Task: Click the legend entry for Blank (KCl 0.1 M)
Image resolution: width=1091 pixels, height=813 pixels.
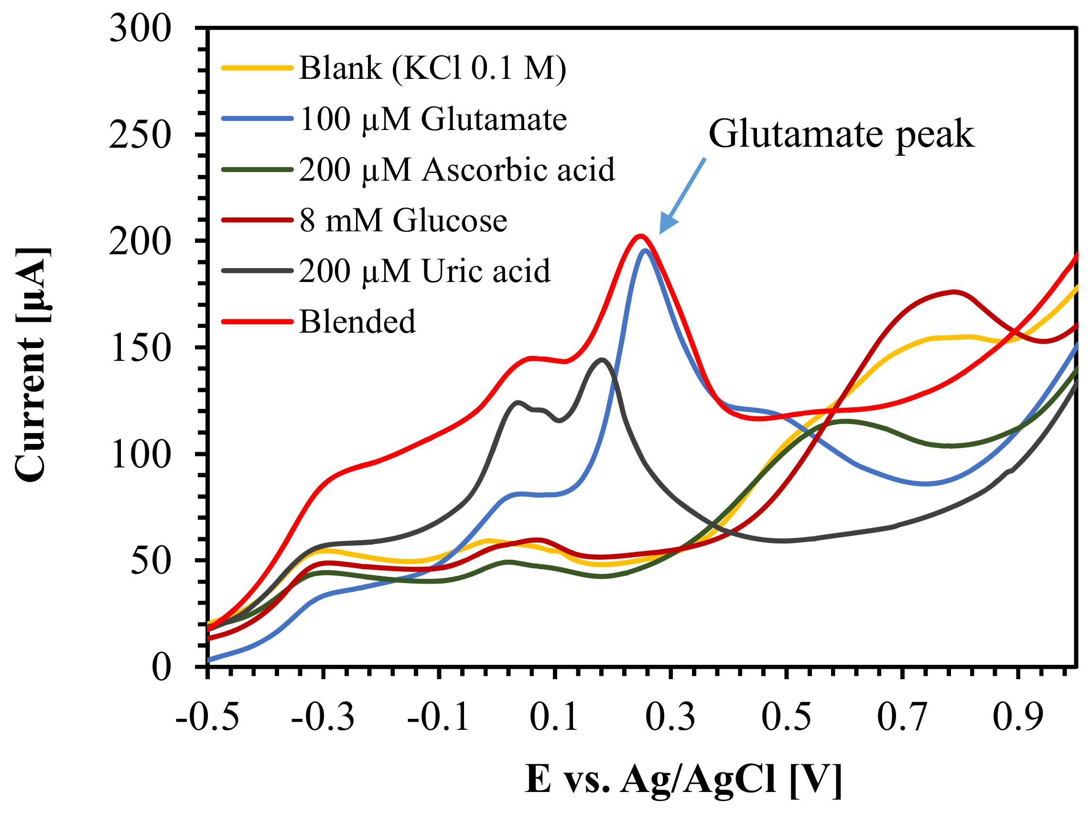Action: pos(432,68)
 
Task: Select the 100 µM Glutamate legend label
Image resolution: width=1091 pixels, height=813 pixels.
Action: pos(433,119)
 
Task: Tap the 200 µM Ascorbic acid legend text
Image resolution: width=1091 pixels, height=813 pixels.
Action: pos(457,170)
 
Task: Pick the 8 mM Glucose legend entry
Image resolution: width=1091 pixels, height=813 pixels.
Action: pos(403,220)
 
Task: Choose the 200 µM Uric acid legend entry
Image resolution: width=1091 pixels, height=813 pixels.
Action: pos(424,271)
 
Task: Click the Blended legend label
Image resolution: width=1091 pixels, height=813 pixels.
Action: pos(357,322)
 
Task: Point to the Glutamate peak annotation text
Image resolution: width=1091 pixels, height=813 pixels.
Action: pos(841,134)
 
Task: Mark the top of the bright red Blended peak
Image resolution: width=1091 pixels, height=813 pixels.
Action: pos(640,236)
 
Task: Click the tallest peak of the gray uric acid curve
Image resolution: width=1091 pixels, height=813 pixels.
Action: pos(601,359)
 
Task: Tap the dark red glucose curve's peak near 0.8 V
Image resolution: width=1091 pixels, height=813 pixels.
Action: pos(954,292)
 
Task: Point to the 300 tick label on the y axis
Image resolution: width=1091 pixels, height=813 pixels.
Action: pos(140,29)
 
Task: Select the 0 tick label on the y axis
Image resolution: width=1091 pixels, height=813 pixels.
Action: pos(161,668)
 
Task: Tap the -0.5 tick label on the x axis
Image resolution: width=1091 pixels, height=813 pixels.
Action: pos(207,718)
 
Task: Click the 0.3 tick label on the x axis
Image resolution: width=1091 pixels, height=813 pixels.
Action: pos(670,718)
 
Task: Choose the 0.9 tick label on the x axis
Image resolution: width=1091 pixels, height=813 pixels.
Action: pos(1017,718)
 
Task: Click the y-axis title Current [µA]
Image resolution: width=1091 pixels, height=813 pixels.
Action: pos(32,364)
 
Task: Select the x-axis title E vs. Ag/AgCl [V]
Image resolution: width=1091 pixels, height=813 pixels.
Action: pos(683,780)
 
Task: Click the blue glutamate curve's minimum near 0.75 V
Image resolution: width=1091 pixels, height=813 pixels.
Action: pos(926,484)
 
